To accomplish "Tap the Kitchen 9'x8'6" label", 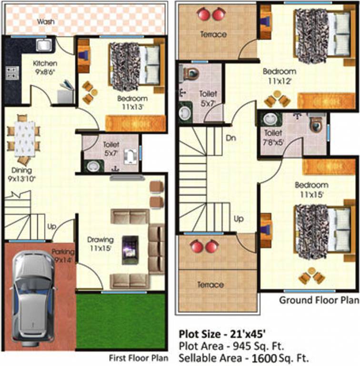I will pyautogui.click(x=45, y=67).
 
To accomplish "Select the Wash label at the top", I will pyautogui.click(x=46, y=21).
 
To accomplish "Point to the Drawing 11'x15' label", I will pyautogui.click(x=100, y=243).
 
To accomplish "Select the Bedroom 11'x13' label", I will pyautogui.click(x=133, y=102).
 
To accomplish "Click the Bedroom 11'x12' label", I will pyautogui.click(x=279, y=76).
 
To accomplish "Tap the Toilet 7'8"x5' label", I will pyautogui.click(x=274, y=137).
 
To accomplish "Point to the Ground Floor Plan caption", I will pyautogui.click(x=318, y=300).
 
